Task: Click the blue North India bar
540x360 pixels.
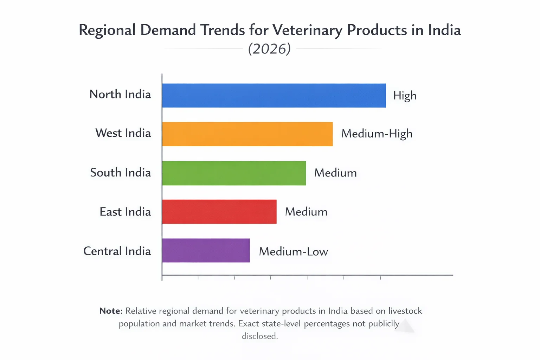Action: tap(274, 96)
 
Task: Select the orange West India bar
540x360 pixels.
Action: tap(247, 134)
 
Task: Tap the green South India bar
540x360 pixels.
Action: tap(234, 173)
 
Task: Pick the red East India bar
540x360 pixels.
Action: tap(219, 212)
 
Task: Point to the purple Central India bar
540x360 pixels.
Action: tap(206, 250)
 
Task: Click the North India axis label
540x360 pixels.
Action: tap(120, 94)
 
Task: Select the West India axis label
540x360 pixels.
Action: tap(123, 133)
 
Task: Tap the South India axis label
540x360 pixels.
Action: tap(121, 172)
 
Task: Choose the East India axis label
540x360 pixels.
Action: tap(125, 212)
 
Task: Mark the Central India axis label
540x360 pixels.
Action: tap(117, 251)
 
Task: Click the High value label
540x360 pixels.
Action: tap(405, 96)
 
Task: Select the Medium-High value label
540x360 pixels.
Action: tap(377, 134)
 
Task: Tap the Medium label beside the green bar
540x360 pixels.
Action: tap(335, 173)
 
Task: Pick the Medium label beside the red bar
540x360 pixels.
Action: tap(306, 212)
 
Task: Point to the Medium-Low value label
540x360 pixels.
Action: tap(293, 252)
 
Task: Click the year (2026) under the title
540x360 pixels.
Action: tap(269, 49)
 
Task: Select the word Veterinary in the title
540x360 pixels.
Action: tap(307, 31)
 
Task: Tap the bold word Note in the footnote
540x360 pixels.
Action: tap(111, 311)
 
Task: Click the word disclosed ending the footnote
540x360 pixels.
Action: tap(260, 336)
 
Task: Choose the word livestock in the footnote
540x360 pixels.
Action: tap(405, 311)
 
